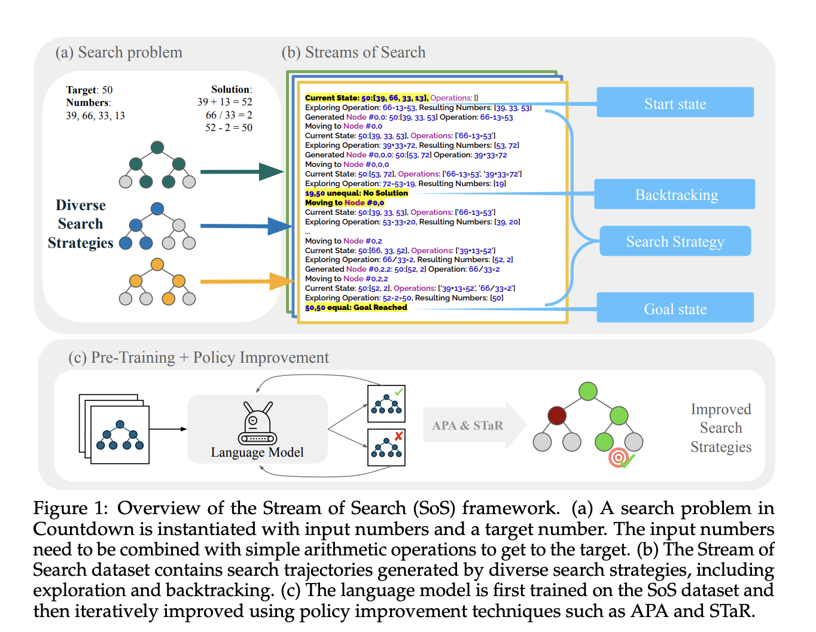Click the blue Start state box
(675, 102)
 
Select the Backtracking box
(675, 194)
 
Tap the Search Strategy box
(675, 241)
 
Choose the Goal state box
(675, 308)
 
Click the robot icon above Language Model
(257, 424)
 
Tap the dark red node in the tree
(557, 415)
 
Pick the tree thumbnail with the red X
(386, 447)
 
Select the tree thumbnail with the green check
(386, 404)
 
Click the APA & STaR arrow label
(468, 426)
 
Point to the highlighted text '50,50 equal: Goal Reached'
(356, 308)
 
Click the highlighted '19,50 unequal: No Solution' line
(357, 193)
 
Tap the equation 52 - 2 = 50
(229, 127)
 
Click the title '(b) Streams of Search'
(354, 53)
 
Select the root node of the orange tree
(157, 265)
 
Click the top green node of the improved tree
(588, 391)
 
